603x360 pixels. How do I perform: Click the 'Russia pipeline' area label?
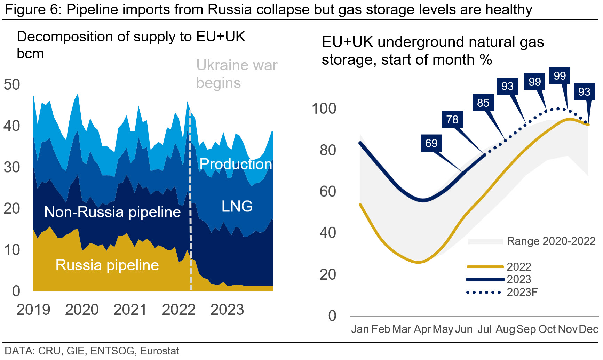107,265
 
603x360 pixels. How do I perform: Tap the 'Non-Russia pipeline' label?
112,212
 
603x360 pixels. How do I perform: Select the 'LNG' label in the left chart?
237,206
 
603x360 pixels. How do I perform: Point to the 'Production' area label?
236,164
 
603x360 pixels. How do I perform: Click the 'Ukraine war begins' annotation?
237,74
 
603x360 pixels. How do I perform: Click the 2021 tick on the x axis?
130,310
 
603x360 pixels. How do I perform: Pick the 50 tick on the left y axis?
12,85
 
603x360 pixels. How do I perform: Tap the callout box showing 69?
431,143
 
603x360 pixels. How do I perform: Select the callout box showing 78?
452,119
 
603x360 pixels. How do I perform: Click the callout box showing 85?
483,103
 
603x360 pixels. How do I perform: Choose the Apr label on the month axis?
422,329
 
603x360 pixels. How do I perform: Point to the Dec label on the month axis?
588,329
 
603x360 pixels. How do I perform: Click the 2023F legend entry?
522,292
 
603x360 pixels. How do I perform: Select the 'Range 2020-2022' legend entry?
551,241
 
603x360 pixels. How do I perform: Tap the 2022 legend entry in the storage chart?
519,267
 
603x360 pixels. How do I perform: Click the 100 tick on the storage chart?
324,109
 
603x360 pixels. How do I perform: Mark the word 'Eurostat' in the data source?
159,351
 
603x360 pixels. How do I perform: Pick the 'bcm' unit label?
30,54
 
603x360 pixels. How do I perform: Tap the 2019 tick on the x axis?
33,310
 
